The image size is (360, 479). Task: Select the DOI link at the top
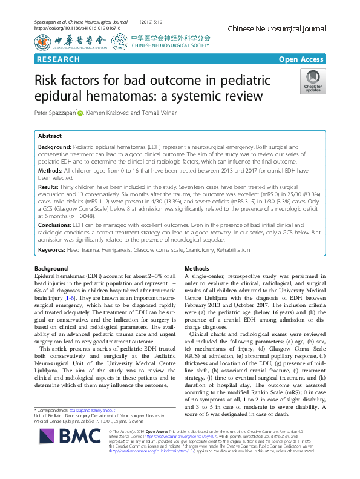tap(77, 28)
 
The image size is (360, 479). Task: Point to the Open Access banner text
tap(301, 59)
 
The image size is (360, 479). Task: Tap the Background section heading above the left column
tap(51, 268)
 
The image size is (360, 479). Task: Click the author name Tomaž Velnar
tap(177, 113)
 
